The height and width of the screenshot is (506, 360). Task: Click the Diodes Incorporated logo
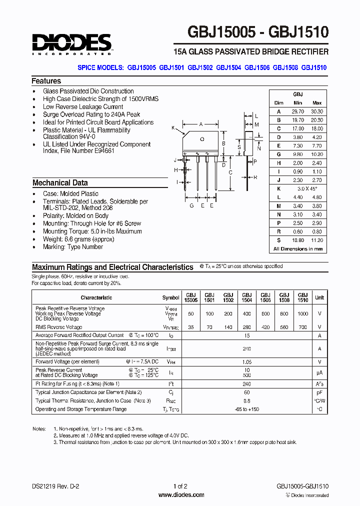point(72,44)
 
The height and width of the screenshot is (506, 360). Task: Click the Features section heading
point(46,81)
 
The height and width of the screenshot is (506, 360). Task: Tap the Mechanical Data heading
point(60,183)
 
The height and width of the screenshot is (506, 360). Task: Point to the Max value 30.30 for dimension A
point(316,111)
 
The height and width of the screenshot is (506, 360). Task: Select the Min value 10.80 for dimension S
point(297,240)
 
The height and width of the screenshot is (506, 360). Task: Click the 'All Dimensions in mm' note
point(298,248)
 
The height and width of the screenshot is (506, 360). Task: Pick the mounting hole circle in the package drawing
point(202,139)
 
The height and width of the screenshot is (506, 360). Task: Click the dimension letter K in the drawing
point(173,128)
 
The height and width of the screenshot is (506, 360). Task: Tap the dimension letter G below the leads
point(191,205)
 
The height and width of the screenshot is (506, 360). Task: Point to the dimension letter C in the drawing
point(230,172)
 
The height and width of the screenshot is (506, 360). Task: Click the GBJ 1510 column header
point(302,297)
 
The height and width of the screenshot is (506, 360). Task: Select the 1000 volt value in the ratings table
point(302,313)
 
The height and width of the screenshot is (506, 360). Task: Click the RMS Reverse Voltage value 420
point(265,327)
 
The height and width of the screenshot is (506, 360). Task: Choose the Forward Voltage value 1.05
point(246,361)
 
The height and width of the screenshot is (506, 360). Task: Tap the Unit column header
point(319,297)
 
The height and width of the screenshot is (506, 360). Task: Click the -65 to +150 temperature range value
point(246,409)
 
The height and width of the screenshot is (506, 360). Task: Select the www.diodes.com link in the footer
point(181,495)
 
